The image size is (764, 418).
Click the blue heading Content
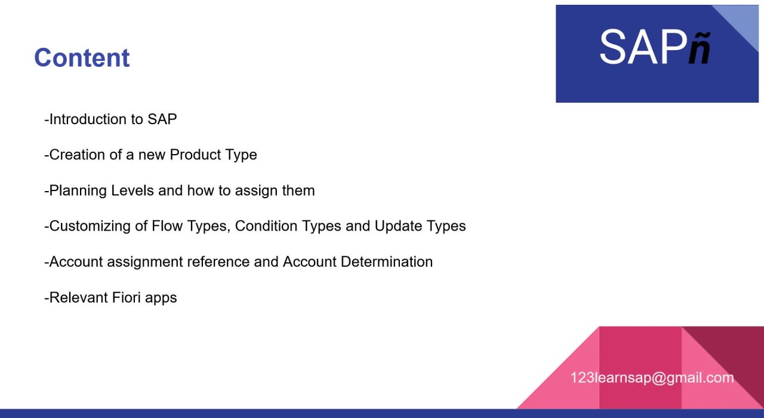[x=82, y=57]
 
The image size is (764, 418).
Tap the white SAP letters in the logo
[x=643, y=47]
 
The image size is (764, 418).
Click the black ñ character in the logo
[x=700, y=48]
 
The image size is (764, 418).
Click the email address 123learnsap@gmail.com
[x=652, y=378]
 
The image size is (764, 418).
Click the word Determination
[x=387, y=262]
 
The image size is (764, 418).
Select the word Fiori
[x=126, y=297]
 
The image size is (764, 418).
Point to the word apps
[x=161, y=298]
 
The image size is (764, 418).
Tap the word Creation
[x=77, y=155]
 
